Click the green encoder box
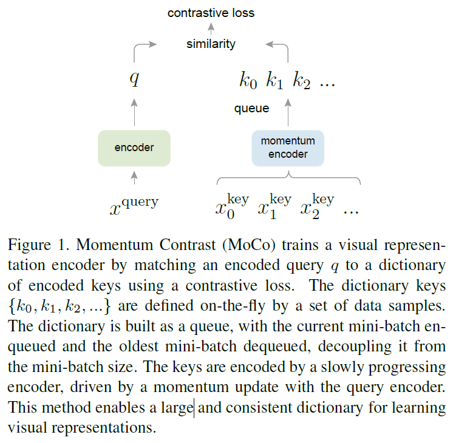134,147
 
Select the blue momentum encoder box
288,147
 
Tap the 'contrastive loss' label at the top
211,12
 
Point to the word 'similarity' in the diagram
211,44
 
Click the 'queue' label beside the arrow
251,109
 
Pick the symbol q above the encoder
135,80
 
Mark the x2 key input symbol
316,207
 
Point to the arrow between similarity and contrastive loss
211,28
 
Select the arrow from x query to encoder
135,177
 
